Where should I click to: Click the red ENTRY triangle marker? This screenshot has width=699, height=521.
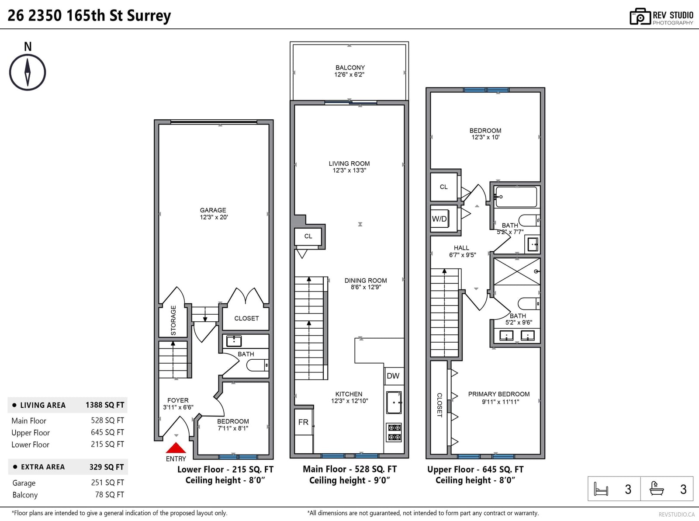click(176, 448)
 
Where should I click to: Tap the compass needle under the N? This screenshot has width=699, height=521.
click(28, 72)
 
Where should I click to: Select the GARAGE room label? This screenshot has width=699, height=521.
click(213, 210)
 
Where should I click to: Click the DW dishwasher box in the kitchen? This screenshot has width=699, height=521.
click(394, 376)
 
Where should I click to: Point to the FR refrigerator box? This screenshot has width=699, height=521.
click(304, 422)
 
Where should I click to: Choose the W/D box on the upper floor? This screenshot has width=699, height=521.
click(439, 219)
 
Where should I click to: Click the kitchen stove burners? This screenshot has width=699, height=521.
click(394, 432)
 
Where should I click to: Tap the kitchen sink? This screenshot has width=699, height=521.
click(394, 403)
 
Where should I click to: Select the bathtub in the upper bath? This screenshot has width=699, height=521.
click(516, 197)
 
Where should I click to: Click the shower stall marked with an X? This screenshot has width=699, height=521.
click(517, 271)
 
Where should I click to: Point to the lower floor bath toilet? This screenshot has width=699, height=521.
click(257, 365)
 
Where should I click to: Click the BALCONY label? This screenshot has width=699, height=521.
click(350, 67)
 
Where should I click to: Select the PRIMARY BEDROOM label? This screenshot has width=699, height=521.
click(499, 394)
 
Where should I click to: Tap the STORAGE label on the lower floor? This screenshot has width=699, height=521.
click(173, 320)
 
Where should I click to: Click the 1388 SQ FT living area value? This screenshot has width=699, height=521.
click(105, 405)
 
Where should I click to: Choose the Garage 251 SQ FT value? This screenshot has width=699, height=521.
click(107, 483)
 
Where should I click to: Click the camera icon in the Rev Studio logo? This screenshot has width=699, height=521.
click(640, 17)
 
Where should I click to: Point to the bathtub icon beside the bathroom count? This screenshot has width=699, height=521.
click(657, 489)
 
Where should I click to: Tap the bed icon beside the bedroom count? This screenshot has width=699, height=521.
click(601, 489)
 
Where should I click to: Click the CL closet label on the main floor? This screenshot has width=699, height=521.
click(308, 236)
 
